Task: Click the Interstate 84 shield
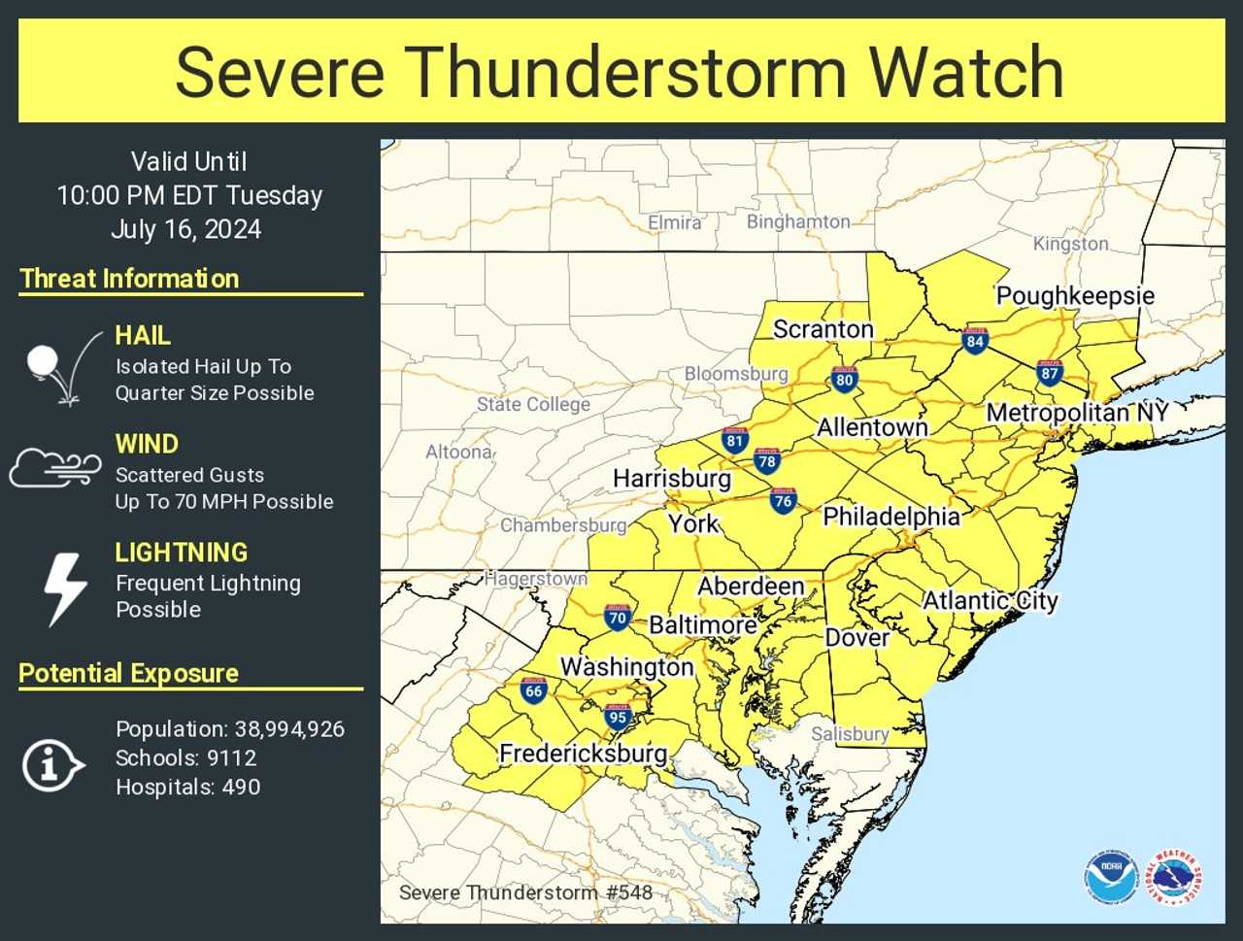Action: (975, 340)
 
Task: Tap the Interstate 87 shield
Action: (1049, 372)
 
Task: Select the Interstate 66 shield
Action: (533, 689)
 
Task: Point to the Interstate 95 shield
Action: (618, 717)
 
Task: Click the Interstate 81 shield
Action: (734, 440)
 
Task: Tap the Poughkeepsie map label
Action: (1075, 295)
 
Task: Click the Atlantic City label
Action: (990, 600)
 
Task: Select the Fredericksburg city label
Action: (583, 753)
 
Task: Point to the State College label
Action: (533, 404)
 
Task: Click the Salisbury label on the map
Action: (850, 733)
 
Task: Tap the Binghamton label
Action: (797, 221)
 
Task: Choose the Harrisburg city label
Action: (671, 478)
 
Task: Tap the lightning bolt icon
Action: (65, 588)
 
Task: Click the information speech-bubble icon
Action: (51, 765)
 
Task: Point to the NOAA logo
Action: (1111, 878)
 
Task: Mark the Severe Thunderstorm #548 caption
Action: (525, 892)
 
